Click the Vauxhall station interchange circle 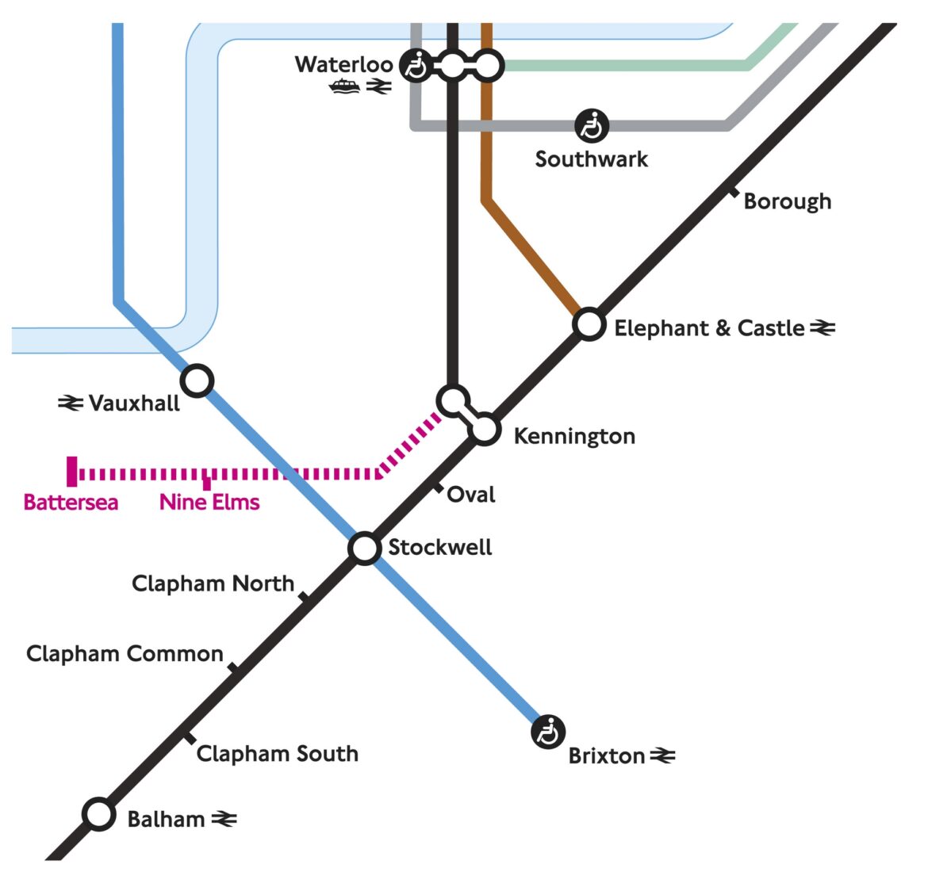tap(197, 381)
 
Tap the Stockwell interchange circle tap(364, 548)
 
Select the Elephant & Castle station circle tap(589, 323)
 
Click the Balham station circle tap(99, 814)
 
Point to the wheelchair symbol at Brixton tap(548, 731)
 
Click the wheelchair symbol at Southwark tap(592, 125)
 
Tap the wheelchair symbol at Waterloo tap(416, 65)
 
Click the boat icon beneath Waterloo tap(344, 86)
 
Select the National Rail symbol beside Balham tap(224, 819)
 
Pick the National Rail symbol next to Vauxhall tap(71, 403)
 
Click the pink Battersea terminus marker tap(72, 471)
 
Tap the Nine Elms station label tap(209, 502)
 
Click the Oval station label tap(471, 495)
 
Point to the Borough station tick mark tap(734, 190)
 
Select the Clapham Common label tap(125, 654)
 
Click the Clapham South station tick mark tap(189, 737)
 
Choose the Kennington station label tap(574, 436)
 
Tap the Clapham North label tap(213, 583)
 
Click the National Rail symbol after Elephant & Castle tap(823, 327)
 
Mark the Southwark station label tap(591, 159)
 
